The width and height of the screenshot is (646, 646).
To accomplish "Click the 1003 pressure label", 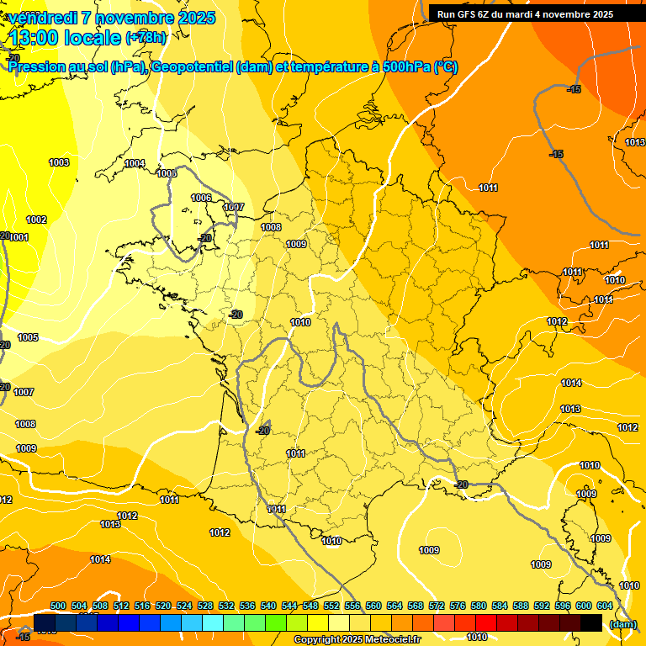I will click(59, 162).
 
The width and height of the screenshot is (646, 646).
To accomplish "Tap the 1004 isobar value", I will click(135, 163).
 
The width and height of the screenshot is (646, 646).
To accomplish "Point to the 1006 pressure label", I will click(201, 198).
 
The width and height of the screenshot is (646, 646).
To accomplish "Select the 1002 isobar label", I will click(36, 220).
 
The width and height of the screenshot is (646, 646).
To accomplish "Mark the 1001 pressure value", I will click(19, 237).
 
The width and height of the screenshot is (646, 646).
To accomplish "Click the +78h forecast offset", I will click(146, 38).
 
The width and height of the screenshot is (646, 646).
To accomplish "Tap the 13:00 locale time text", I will click(64, 38).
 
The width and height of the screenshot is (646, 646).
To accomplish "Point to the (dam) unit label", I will click(622, 624).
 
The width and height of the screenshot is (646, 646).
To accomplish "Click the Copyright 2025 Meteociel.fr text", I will click(357, 640).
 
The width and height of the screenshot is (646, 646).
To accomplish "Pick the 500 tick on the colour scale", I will click(58, 606).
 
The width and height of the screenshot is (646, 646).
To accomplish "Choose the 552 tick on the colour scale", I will click(331, 606).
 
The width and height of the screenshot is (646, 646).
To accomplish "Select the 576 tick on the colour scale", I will click(458, 606).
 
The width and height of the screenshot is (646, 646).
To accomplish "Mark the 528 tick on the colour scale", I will click(205, 606).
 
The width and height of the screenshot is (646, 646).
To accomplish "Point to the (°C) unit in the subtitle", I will click(446, 67).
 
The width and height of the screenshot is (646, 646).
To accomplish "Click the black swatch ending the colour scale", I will click(591, 622).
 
